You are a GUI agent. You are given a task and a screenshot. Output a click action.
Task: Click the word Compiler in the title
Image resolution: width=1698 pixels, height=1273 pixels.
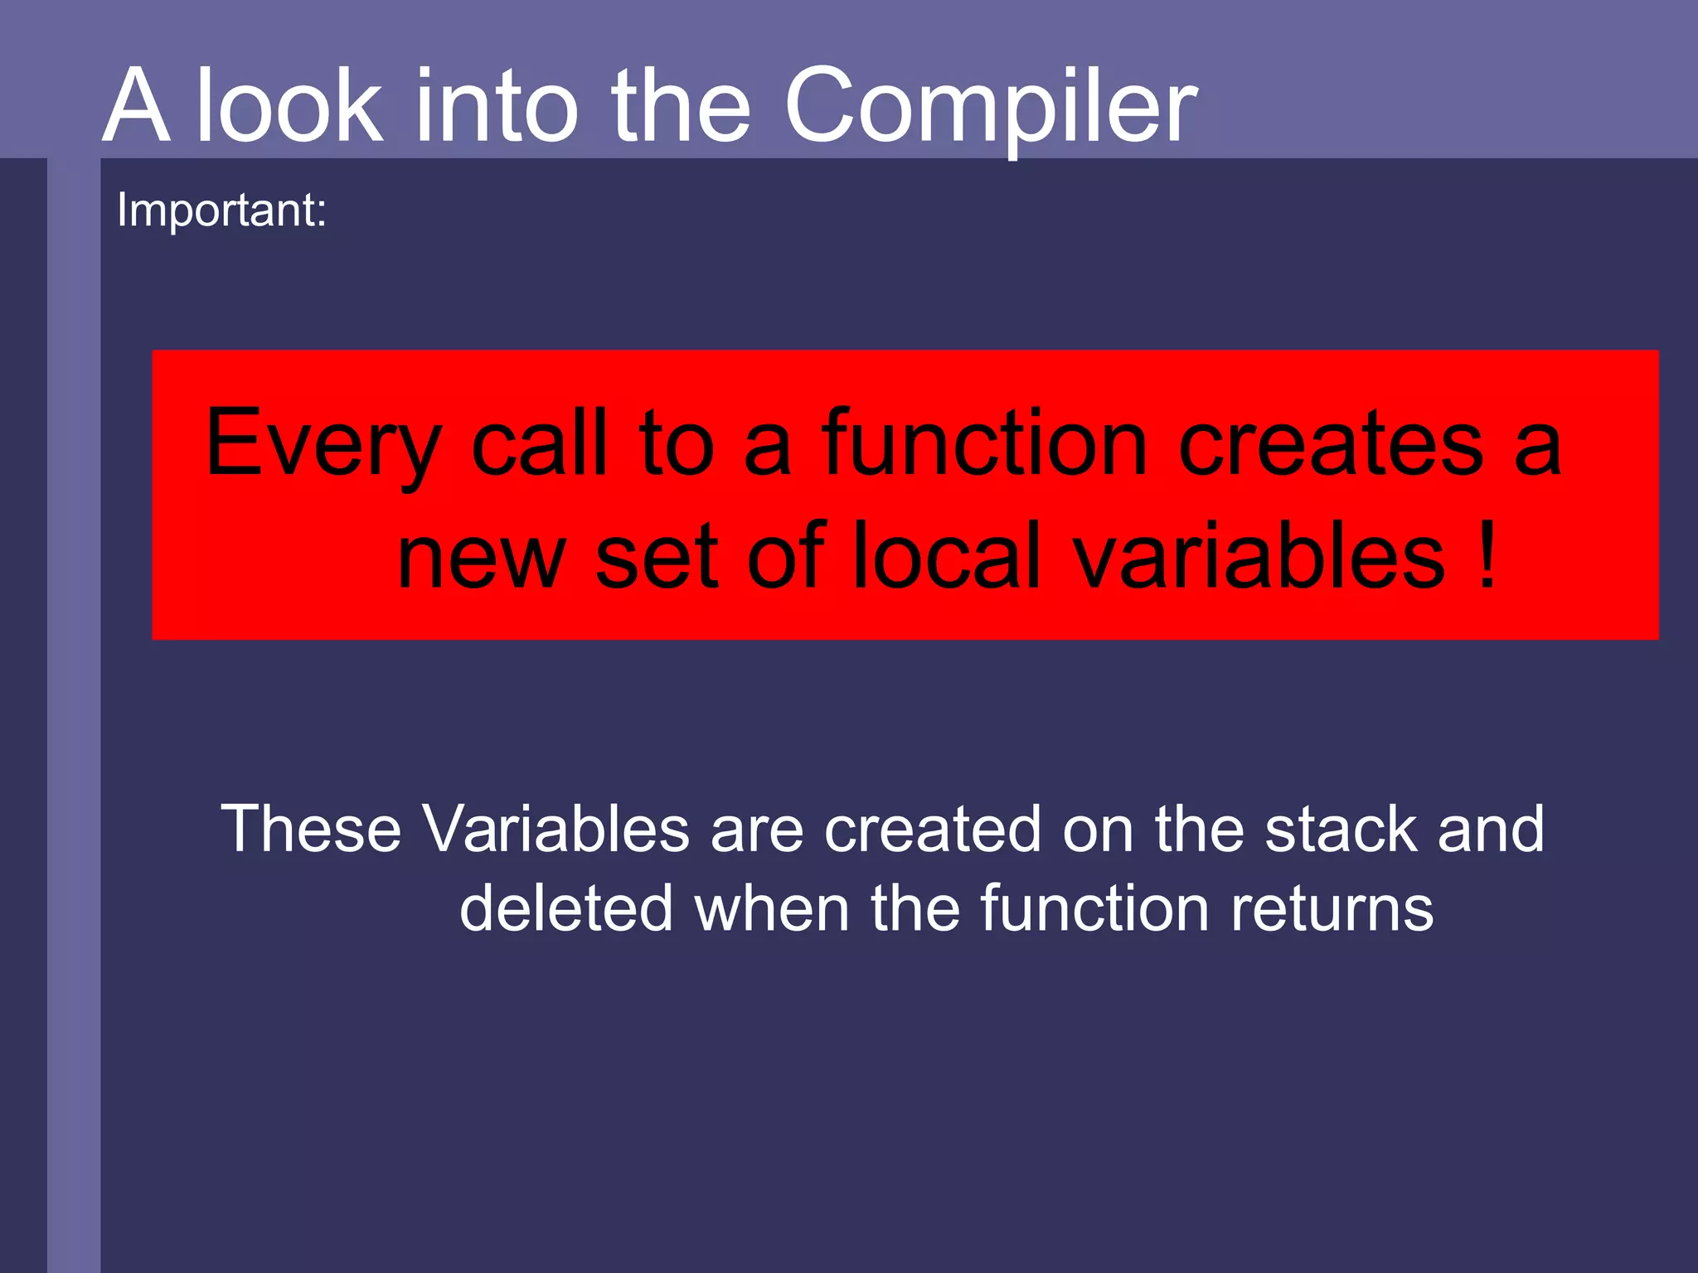(990, 108)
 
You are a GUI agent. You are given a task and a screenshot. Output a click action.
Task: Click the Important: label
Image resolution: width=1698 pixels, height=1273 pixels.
(221, 210)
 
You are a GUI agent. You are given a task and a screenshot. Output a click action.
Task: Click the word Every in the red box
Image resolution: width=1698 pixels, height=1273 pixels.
(323, 446)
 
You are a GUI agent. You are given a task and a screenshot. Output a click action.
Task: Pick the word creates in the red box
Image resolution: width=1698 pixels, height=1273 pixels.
(1330, 445)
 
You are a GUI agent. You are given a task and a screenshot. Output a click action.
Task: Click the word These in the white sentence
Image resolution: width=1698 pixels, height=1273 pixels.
(311, 828)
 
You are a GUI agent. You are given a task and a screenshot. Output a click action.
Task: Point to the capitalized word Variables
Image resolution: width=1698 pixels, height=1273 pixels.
(555, 828)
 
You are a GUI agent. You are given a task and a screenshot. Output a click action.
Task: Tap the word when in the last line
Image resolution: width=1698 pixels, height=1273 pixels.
(772, 908)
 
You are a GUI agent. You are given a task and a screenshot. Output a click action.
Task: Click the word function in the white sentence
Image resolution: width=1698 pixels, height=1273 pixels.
(1094, 908)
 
